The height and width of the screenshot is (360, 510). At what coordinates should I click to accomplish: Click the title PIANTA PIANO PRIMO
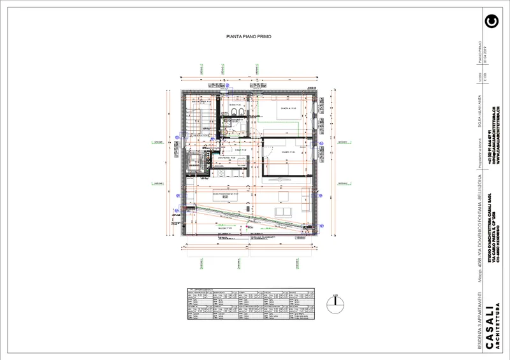(x=249, y=37)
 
